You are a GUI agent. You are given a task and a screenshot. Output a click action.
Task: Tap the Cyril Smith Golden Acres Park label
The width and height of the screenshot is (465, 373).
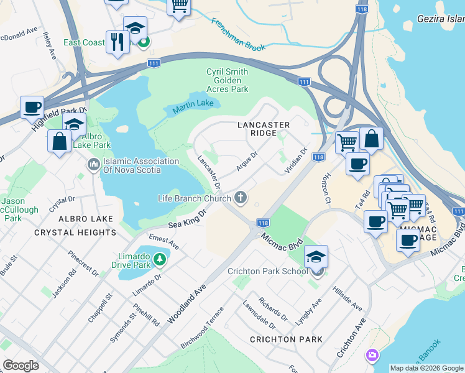tap(227, 80)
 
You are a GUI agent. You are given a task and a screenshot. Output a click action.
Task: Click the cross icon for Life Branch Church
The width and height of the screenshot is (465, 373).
tap(241, 198)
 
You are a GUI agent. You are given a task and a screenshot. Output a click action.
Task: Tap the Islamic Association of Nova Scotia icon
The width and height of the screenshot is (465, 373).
tap(94, 165)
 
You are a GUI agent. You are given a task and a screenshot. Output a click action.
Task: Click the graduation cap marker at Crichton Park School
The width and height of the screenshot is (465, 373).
tap(316, 258)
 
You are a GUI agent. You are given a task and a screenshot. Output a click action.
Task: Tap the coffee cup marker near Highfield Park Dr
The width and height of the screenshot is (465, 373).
tap(32, 106)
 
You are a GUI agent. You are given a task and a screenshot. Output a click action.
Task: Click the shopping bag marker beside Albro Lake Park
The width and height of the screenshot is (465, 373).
tap(59, 140)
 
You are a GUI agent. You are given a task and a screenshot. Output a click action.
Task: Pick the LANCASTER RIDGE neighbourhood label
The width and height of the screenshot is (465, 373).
tap(264, 129)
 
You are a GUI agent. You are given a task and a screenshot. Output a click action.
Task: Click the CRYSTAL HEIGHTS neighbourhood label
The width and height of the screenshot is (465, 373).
tap(75, 232)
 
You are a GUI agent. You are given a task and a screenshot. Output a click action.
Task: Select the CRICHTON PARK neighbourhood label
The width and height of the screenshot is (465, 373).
tap(286, 339)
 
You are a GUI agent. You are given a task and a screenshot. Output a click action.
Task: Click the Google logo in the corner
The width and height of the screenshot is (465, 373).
tap(21, 366)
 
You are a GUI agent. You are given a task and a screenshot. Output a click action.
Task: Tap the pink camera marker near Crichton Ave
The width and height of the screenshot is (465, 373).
tap(372, 355)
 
